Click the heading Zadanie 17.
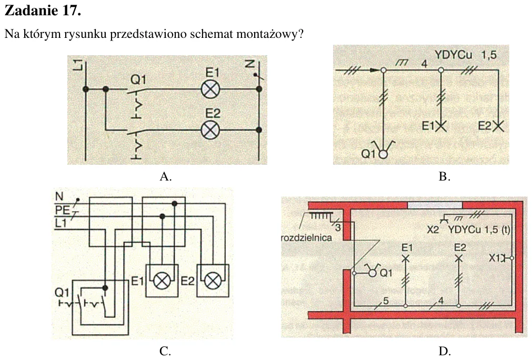click(x=43, y=11)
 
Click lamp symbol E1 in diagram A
click(x=210, y=89)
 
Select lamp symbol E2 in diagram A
click(x=210, y=130)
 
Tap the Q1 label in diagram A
click(x=138, y=79)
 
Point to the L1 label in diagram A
click(x=78, y=64)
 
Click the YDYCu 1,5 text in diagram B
click(x=466, y=55)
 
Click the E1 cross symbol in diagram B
click(x=441, y=126)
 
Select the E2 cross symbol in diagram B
click(x=498, y=126)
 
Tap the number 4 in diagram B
click(x=424, y=64)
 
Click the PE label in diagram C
click(x=62, y=210)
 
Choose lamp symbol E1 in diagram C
click(x=162, y=281)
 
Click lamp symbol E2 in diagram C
click(x=213, y=281)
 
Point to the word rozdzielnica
click(x=306, y=237)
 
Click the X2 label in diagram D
click(x=433, y=229)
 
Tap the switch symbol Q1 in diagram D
click(x=372, y=271)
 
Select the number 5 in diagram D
click(x=385, y=301)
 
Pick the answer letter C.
click(x=165, y=351)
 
